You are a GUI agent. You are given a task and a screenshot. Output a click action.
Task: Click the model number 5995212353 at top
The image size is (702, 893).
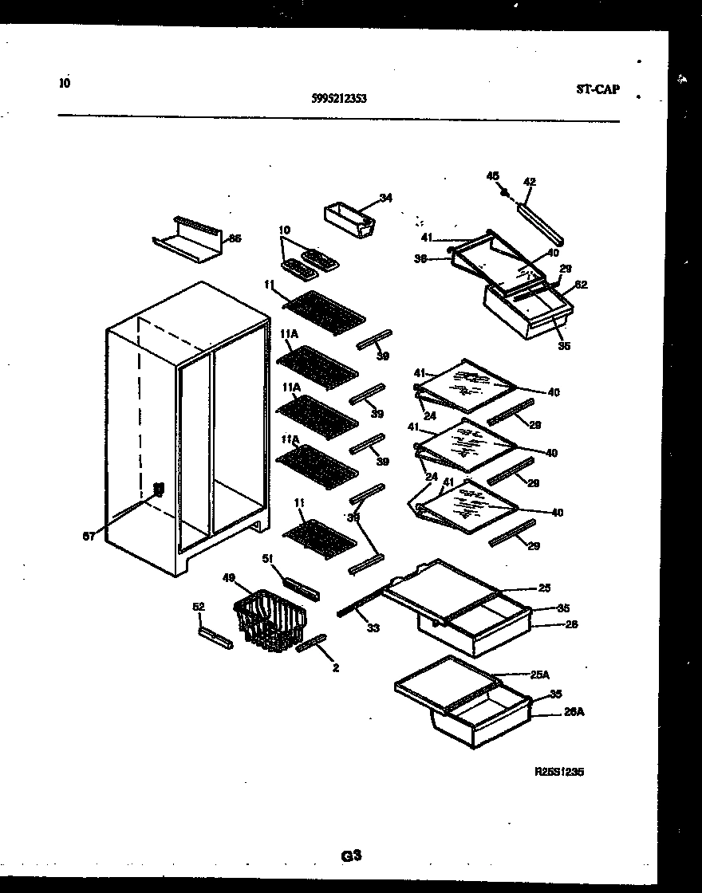tap(339, 100)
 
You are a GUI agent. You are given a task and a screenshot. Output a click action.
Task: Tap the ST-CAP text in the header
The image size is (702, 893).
tap(597, 90)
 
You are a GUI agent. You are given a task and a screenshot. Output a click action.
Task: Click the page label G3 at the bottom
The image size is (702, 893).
tap(351, 856)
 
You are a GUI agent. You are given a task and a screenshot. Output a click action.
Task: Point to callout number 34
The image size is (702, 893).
tap(386, 199)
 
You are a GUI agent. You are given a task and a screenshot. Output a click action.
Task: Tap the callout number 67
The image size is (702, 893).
tap(89, 537)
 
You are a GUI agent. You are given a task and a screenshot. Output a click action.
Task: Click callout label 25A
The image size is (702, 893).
tap(540, 675)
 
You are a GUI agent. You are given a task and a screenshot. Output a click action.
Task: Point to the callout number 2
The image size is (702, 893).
tap(336, 668)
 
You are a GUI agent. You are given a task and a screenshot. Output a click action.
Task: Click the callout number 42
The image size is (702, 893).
tap(529, 182)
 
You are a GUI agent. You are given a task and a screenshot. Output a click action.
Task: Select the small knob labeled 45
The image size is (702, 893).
tap(504, 191)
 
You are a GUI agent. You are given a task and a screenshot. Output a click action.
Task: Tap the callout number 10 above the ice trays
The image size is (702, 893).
tap(282, 230)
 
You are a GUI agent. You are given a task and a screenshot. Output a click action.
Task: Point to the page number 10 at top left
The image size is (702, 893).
tap(65, 82)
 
